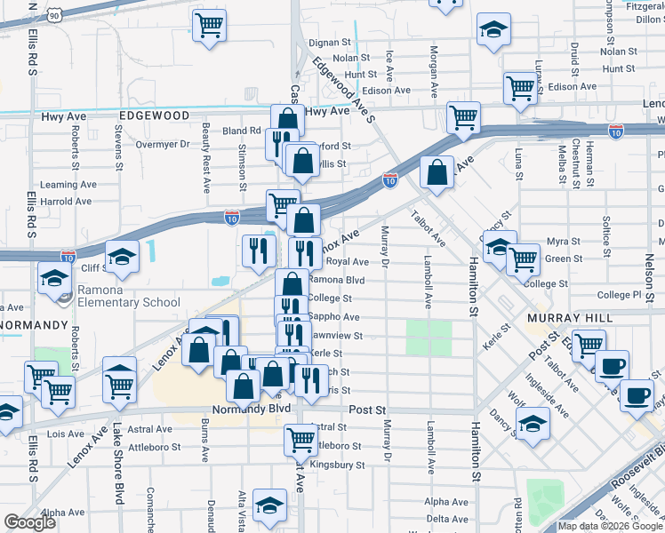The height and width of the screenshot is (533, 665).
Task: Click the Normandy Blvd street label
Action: (252, 410)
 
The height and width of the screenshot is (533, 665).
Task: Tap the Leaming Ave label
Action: (71, 185)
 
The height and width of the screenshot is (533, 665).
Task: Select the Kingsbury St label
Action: (337, 465)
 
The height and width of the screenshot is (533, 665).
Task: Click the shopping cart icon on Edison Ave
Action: (520, 87)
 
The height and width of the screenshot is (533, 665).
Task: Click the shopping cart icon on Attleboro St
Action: (300, 437)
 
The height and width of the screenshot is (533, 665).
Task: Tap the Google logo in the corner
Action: (29, 522)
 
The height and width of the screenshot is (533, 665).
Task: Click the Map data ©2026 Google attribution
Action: (611, 526)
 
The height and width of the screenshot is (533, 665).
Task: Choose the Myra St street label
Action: (563, 241)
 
